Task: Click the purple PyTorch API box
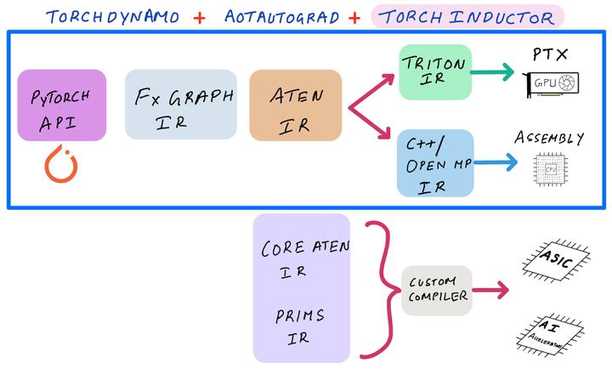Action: click(61, 105)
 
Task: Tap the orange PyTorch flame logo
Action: click(60, 163)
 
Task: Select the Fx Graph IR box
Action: click(181, 104)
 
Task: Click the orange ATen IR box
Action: click(295, 105)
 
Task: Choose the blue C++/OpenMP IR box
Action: click(434, 163)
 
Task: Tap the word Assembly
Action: click(549, 138)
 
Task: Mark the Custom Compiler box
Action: click(436, 290)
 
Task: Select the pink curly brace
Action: click(378, 289)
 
